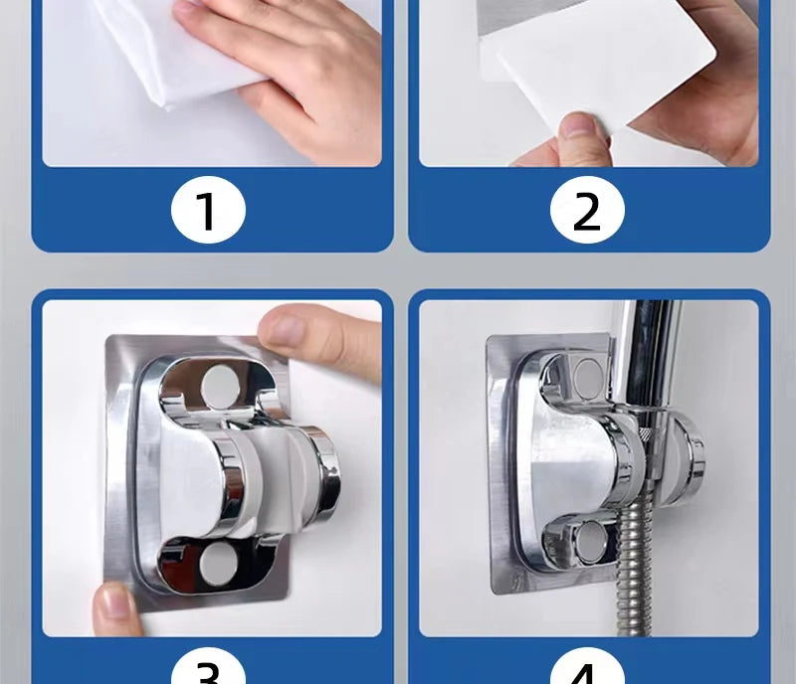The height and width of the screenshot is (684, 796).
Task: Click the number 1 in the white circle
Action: pyautogui.click(x=206, y=210)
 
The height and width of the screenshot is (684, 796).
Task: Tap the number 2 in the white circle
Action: pyautogui.click(x=587, y=210)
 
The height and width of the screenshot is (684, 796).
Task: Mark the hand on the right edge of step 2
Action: pyautogui.click(x=731, y=89)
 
